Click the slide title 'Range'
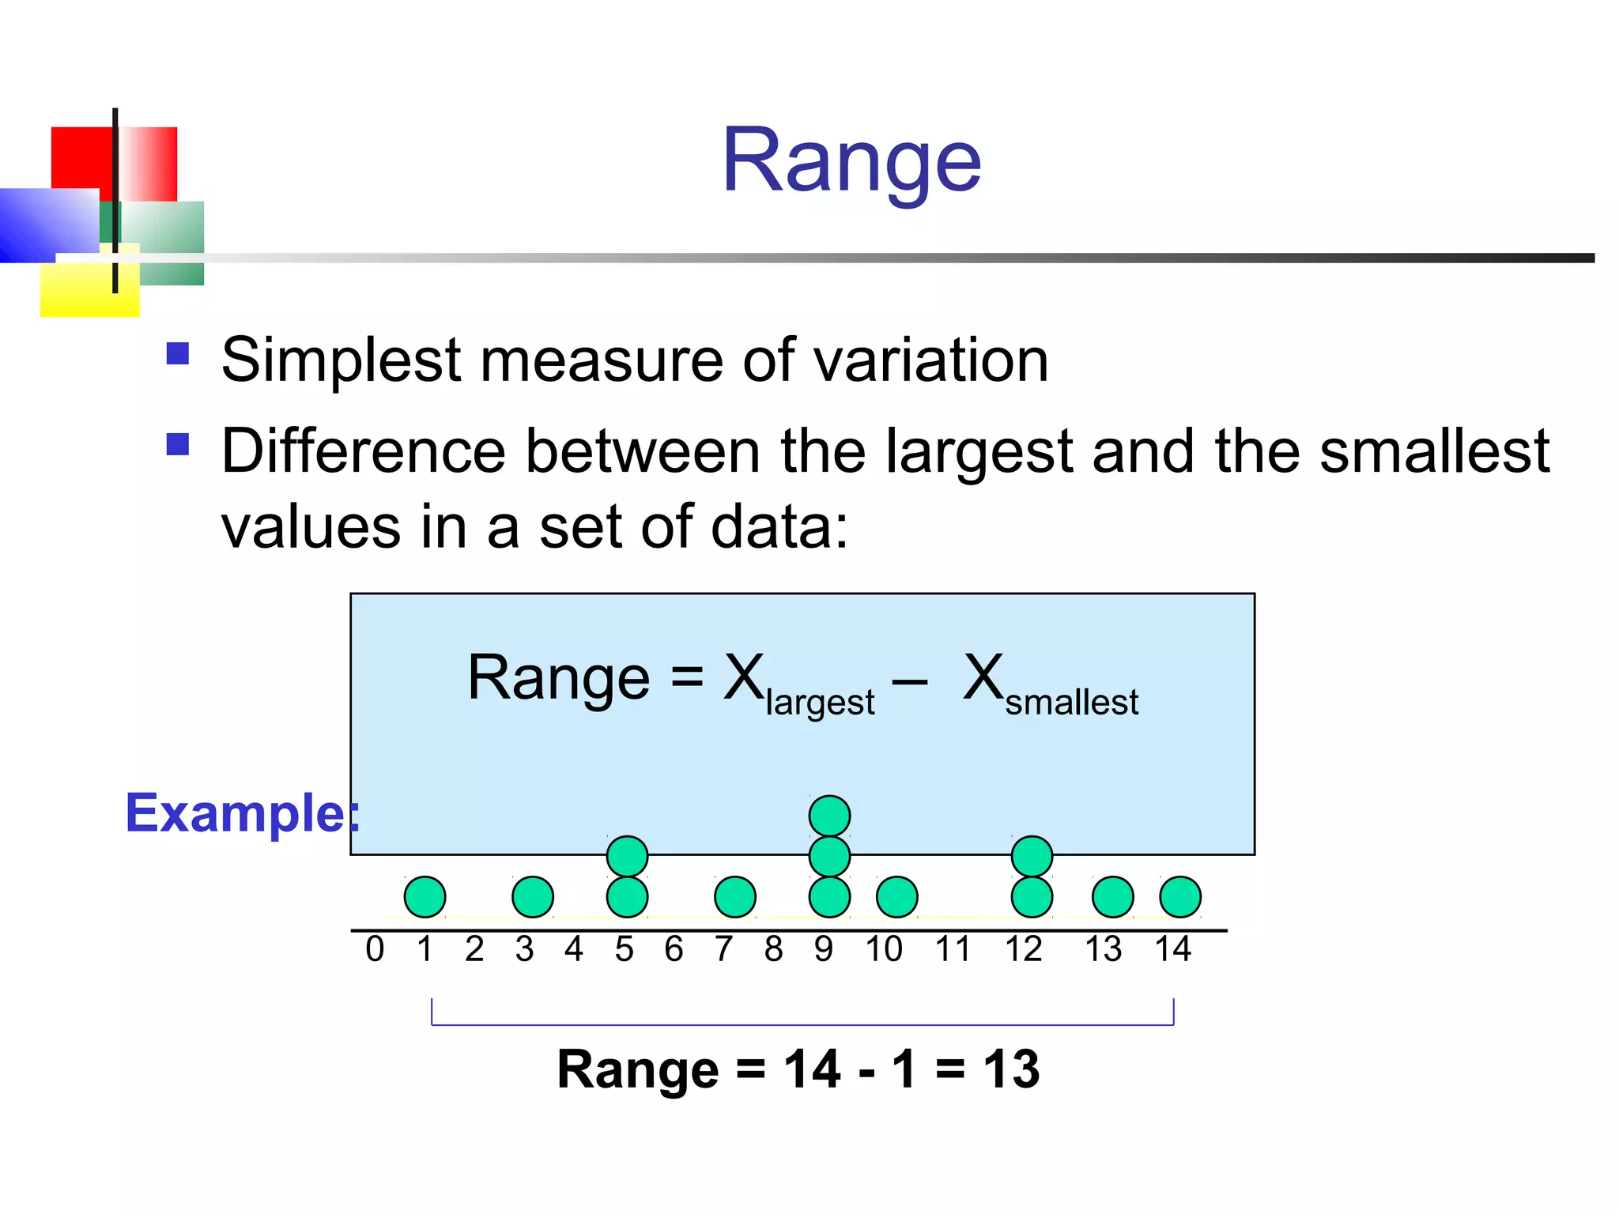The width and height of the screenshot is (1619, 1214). point(851,161)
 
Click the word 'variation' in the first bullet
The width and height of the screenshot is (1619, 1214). point(930,360)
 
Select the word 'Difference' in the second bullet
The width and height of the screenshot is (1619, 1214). point(363,451)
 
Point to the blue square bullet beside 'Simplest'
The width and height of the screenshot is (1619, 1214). point(178,353)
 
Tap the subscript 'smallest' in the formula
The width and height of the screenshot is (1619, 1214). point(1071,702)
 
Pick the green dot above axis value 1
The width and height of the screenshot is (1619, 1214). point(425,897)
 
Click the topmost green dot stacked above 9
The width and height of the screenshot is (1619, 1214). point(829,816)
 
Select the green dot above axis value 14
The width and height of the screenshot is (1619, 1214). point(1180,897)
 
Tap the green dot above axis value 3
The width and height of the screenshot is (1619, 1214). point(532,897)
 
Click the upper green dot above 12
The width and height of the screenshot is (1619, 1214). point(1032,856)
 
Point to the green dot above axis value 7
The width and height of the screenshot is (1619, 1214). point(734,897)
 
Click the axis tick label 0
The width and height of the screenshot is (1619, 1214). point(375,949)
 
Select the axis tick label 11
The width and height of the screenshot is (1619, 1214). point(953,949)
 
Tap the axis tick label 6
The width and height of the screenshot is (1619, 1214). point(674,949)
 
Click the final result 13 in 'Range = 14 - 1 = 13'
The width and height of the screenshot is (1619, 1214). point(1011,1069)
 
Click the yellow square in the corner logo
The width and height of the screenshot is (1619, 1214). point(79,292)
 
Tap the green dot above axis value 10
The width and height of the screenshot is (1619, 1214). point(896,897)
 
